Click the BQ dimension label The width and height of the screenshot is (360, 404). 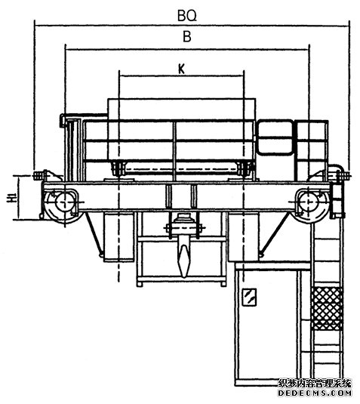[x=187, y=16]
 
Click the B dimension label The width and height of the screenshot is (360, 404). [x=187, y=36]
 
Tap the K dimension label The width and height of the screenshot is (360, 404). [x=182, y=69]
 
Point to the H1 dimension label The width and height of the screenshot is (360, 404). [x=11, y=197]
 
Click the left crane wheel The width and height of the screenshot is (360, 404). [x=64, y=202]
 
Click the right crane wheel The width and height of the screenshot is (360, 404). [x=308, y=202]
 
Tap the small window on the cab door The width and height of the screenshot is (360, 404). [x=249, y=297]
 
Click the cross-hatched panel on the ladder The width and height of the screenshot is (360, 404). [x=327, y=309]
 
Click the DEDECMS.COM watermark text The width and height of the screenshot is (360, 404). [x=315, y=393]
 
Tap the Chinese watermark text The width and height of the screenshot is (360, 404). [x=315, y=384]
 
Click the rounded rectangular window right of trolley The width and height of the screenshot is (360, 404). [x=275, y=137]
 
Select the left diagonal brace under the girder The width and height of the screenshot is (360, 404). [x=94, y=234]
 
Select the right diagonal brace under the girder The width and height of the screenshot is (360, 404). [x=275, y=234]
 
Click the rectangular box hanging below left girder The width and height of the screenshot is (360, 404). [x=118, y=236]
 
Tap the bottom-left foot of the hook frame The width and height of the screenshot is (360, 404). [x=140, y=284]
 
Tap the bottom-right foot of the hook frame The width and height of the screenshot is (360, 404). [x=223, y=284]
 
